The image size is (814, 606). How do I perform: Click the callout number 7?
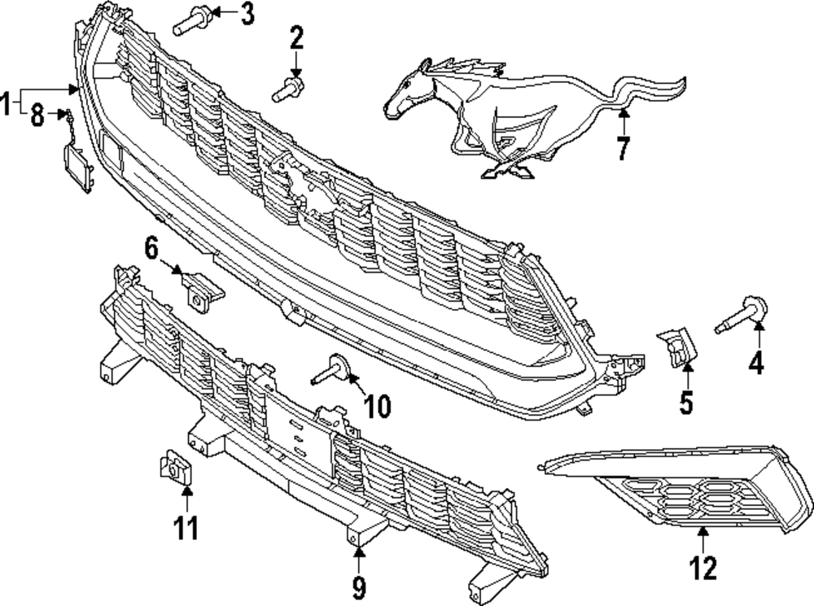[623, 148]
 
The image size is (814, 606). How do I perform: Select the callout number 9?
[359, 586]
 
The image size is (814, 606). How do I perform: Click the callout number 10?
[378, 404]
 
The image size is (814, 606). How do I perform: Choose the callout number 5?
[686, 402]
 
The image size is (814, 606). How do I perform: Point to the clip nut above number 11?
[173, 468]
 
